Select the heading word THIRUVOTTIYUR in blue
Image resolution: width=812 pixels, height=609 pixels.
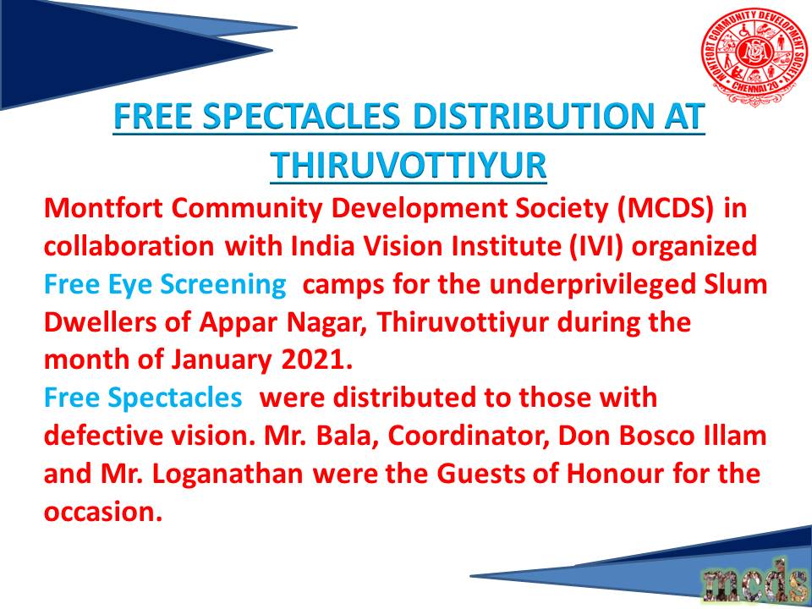[x=408, y=165]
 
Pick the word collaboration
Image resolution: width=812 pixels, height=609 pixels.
[x=129, y=247]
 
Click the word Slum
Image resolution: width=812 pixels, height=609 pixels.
[x=742, y=284]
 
